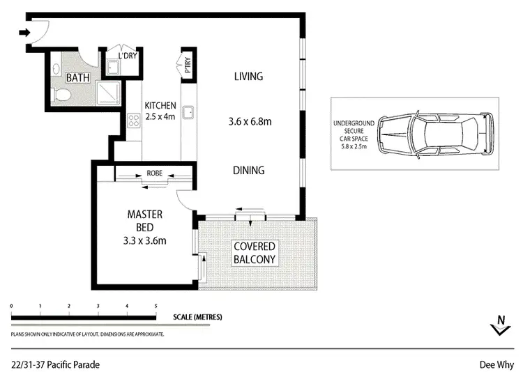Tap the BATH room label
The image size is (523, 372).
coord(78,78)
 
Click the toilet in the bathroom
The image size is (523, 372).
coord(61,94)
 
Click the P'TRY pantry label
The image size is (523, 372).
coord(186,65)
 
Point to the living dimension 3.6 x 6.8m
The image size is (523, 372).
coord(250,122)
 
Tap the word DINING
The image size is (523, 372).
coord(249,170)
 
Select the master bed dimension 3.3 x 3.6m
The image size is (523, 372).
coord(145,241)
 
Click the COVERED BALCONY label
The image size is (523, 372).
coord(254,253)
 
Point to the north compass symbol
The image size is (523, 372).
coord(499,325)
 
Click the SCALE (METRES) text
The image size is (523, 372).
coord(197,317)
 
